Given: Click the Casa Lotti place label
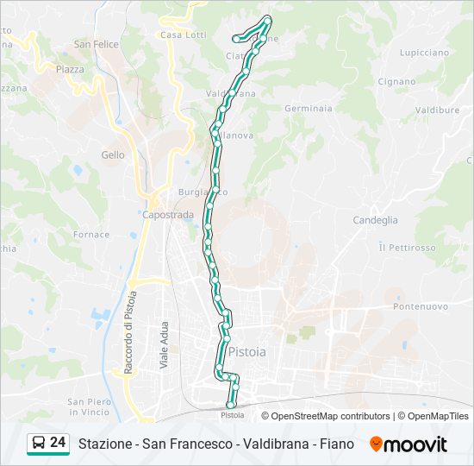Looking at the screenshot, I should coord(183,35).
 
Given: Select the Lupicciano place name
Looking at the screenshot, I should coord(424,53).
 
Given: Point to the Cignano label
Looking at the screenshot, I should coord(396,82).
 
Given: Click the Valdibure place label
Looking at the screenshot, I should coord(437,110).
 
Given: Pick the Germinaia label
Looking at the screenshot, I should coord(309,109).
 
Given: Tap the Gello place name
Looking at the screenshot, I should coord(113,155).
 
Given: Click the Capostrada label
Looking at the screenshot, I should coord(168,215).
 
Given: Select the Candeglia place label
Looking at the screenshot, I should coord(375,220).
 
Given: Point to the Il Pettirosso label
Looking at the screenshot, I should coord(407,248).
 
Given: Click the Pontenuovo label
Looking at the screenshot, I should coord(420,306).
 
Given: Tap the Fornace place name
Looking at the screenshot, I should coord(91,235).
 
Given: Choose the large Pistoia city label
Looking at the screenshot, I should coord(247,352).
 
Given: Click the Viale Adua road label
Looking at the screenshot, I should coord(164,347).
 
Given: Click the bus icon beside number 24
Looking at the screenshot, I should coord(39,444).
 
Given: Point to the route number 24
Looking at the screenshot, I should coord(58,443).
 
